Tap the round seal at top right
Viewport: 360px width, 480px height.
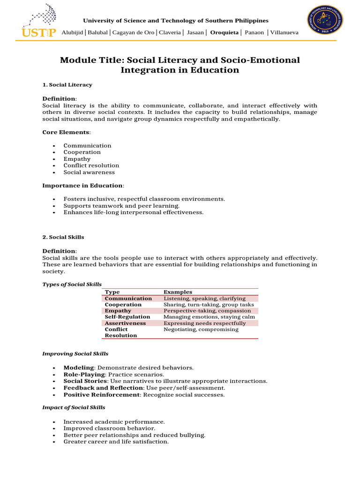325,20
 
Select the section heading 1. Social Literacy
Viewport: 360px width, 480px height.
67,85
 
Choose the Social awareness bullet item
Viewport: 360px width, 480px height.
89,172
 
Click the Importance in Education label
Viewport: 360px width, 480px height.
82,186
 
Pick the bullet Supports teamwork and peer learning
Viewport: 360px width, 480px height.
121,206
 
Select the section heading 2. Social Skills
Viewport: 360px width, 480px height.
63,237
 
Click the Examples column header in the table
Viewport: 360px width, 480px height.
178,292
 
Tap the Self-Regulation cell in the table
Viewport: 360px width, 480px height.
127,317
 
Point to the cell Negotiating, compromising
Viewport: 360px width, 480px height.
201,330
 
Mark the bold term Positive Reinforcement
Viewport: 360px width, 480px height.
102,395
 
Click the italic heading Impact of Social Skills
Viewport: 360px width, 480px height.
74,407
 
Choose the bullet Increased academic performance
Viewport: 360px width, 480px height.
114,422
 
